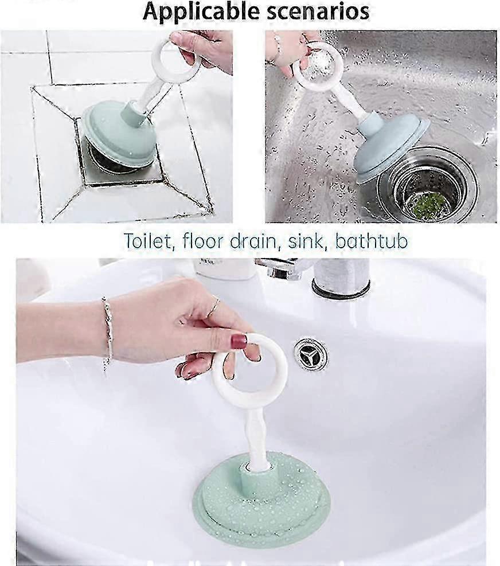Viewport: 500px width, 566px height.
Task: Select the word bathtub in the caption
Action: click(372, 241)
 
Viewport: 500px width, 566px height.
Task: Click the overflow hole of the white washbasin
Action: click(310, 355)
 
